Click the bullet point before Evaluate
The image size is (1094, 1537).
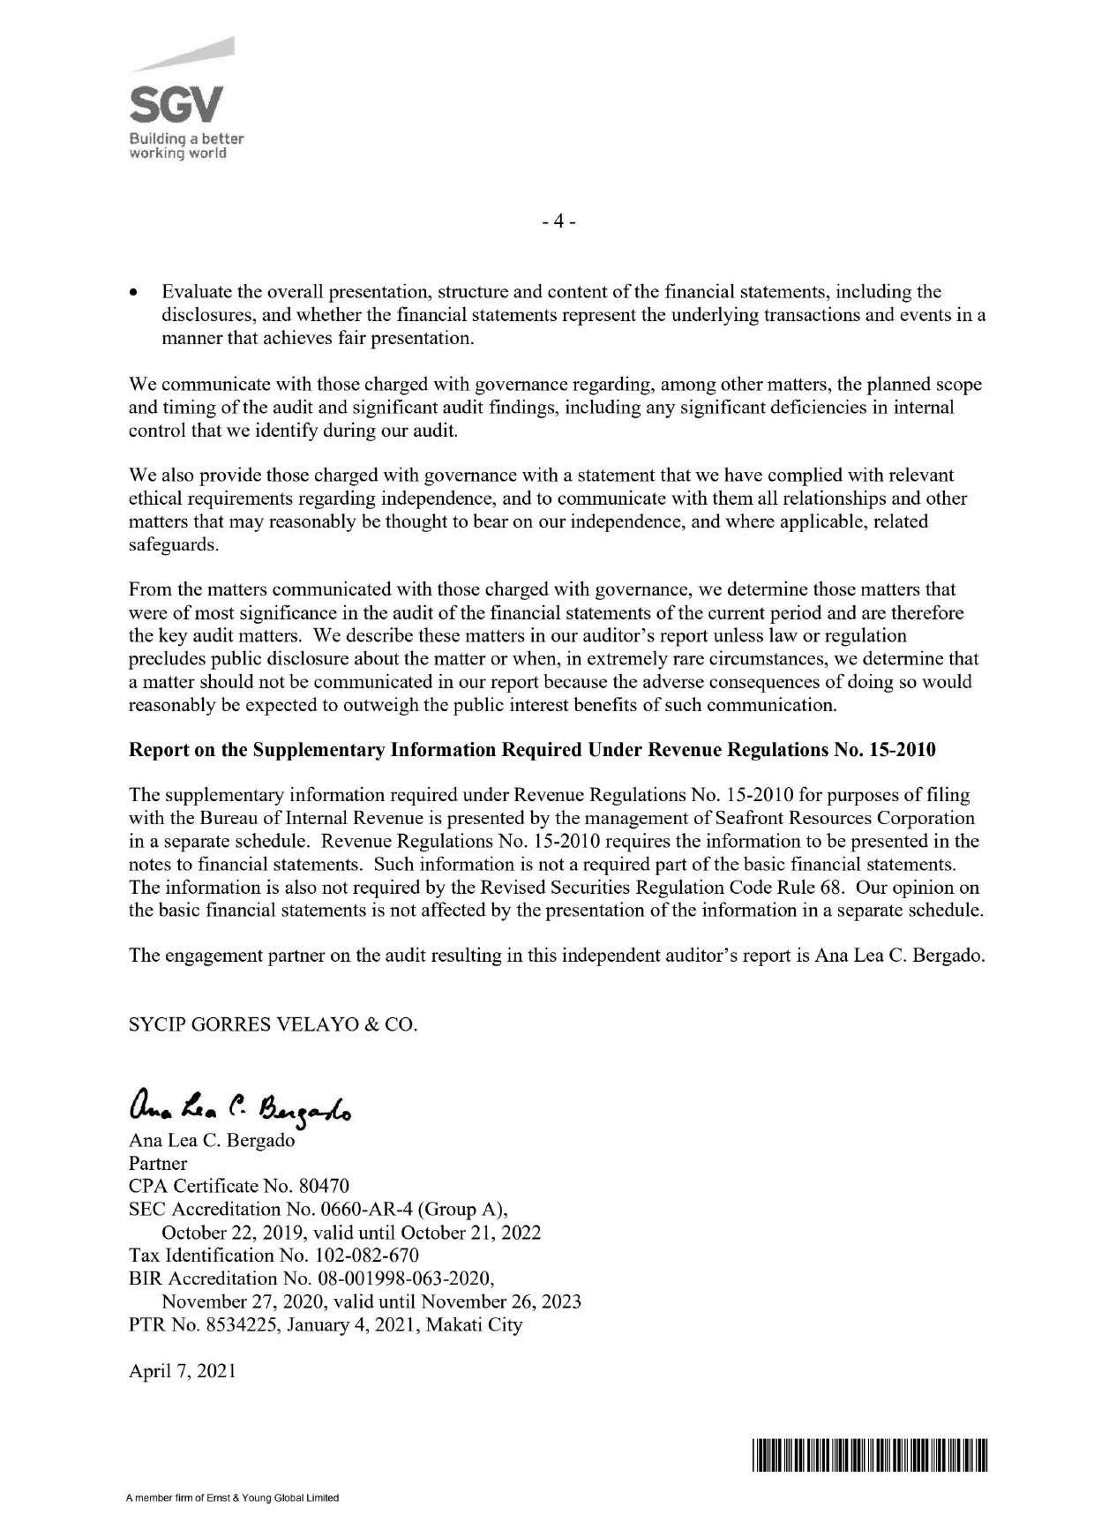pos(134,292)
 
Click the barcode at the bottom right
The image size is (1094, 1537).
pos(869,1456)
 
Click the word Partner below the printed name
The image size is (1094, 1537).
pos(158,1162)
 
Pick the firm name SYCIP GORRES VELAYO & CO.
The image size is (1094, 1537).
pos(273,1025)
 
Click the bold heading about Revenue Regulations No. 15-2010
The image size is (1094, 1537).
pos(532,750)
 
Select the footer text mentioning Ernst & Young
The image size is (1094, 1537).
pos(233,1498)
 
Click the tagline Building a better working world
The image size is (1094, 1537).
pos(187,146)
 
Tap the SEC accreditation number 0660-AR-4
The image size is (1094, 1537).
pos(368,1208)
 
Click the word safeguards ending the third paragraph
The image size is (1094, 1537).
pos(172,544)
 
